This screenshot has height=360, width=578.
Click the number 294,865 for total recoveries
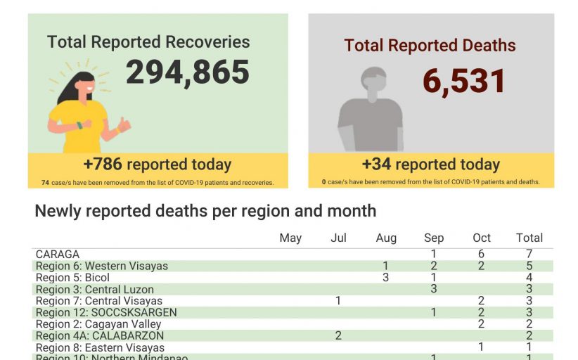click(188, 72)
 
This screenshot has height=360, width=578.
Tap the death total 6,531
click(464, 81)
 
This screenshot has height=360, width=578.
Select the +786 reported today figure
click(157, 165)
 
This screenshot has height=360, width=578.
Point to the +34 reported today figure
click(430, 165)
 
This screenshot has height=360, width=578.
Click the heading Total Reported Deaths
click(430, 46)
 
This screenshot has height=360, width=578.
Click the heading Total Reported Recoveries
click(148, 41)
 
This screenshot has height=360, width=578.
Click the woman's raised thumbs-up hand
click(123, 125)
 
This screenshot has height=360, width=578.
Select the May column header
click(290, 238)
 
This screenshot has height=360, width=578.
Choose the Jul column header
click(338, 238)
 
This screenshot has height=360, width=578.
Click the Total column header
click(529, 238)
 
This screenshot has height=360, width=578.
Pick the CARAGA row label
click(58, 254)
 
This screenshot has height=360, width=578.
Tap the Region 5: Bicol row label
click(72, 278)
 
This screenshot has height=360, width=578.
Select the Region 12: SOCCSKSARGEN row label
click(106, 312)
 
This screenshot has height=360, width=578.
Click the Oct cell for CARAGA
click(481, 254)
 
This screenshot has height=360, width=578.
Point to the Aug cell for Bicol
click(385, 278)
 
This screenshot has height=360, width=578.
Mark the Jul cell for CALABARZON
click(338, 335)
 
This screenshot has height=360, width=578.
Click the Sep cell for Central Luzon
click(434, 289)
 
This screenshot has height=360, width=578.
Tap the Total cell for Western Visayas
click(529, 266)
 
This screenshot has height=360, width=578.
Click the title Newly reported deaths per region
click(205, 211)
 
